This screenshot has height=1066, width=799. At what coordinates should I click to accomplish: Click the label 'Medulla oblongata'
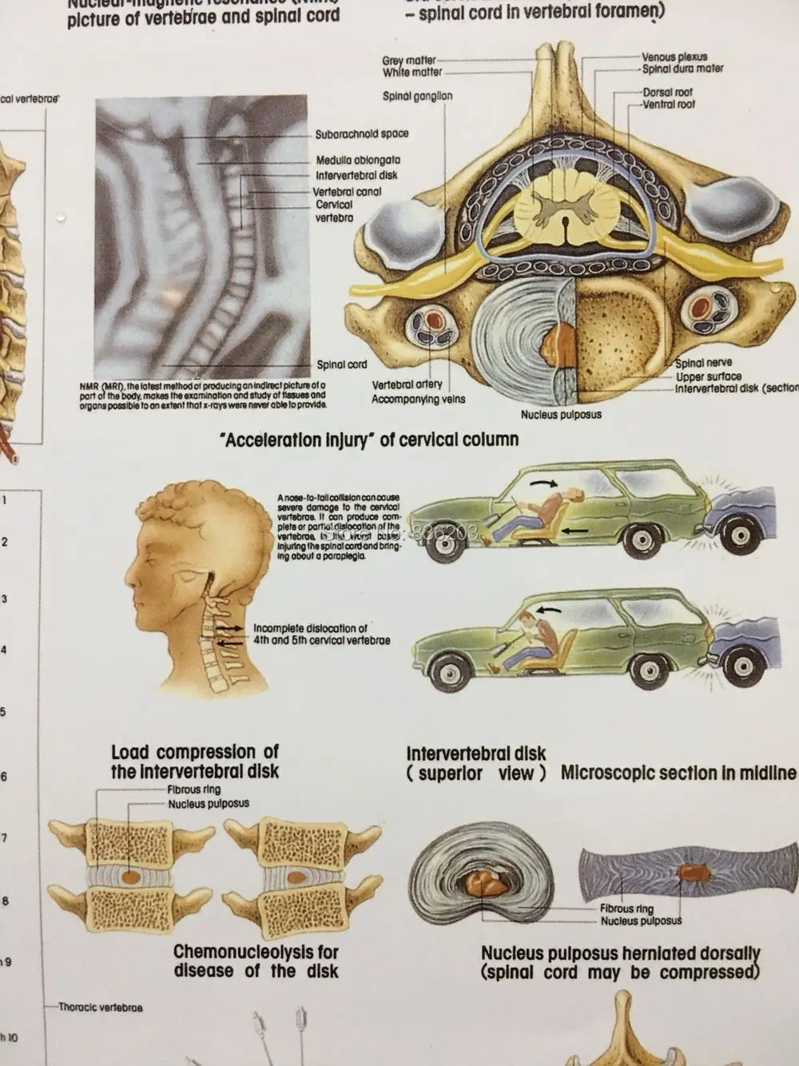tap(357, 161)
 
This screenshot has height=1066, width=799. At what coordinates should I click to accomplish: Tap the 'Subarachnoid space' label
tap(361, 134)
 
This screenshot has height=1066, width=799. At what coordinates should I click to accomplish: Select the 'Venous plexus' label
tap(674, 58)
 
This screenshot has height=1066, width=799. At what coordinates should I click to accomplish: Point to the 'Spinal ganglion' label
tap(417, 97)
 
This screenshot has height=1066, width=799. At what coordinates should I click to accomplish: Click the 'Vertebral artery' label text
tap(407, 385)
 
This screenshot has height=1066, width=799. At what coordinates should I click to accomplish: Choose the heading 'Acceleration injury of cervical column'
tap(372, 440)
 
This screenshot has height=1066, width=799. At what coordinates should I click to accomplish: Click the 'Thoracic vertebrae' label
tap(100, 1008)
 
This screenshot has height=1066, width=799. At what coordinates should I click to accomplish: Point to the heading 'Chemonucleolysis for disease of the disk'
tap(256, 962)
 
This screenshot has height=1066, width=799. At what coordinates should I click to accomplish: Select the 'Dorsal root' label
tap(668, 93)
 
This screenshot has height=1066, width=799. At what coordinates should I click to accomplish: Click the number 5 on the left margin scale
tap(4, 711)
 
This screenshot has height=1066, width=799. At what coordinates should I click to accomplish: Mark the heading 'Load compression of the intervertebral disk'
tap(195, 762)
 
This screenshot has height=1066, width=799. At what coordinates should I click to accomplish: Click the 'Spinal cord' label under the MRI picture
tap(342, 364)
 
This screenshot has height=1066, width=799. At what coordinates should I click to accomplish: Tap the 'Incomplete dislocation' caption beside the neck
tap(321, 634)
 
